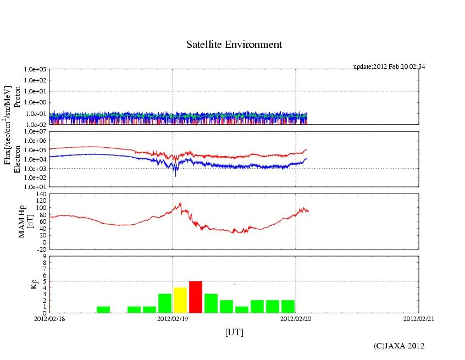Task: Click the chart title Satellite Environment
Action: (234, 45)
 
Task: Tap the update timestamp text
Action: (389, 67)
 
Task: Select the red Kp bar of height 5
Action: (196, 297)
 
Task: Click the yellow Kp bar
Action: (180, 300)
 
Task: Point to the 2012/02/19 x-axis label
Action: (173, 318)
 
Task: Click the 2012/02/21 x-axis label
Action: (419, 318)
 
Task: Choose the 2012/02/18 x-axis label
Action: (49, 318)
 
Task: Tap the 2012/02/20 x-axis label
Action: (296, 318)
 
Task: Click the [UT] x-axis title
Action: (234, 332)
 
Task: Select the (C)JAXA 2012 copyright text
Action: (399, 346)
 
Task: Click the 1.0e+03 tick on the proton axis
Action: (34, 70)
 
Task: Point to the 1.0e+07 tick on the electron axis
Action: (34, 131)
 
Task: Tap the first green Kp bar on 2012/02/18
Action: (103, 309)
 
